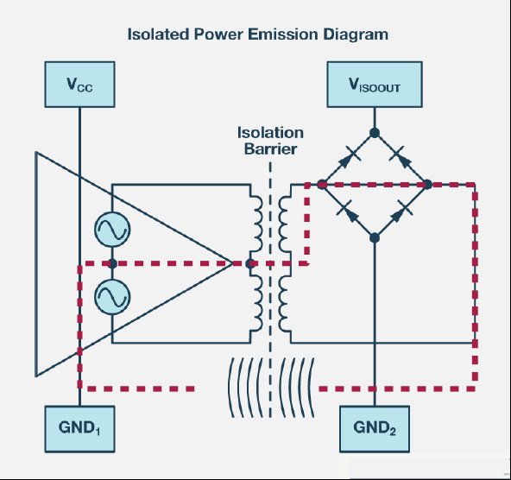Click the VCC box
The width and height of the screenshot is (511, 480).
coord(79,84)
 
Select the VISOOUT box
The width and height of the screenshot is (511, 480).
coord(375,84)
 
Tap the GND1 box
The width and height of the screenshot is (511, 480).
coord(79,429)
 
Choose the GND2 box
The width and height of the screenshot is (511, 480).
coord(375,429)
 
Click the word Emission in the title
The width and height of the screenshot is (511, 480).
coord(282,35)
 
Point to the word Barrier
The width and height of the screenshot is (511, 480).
coord(270,148)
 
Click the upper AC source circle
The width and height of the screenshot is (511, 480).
coord(112,230)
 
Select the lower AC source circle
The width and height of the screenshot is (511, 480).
coord(112,297)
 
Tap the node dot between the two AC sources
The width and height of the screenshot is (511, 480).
coord(112,263)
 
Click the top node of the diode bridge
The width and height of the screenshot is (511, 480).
coord(375,133)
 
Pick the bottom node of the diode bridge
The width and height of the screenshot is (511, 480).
coord(375,238)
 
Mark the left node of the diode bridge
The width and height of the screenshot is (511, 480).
coord(322,185)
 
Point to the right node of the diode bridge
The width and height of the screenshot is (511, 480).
coord(427,185)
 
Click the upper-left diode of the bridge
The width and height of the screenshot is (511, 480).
coord(348,159)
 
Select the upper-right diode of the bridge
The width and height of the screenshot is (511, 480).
coord(401,159)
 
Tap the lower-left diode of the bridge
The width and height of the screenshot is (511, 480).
coord(348,212)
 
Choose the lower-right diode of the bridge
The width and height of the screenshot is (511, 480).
coord(401,212)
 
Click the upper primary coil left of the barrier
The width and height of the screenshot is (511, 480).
coord(256,224)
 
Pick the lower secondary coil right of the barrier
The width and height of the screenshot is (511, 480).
coord(285,304)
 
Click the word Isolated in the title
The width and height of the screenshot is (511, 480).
coord(158,35)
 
